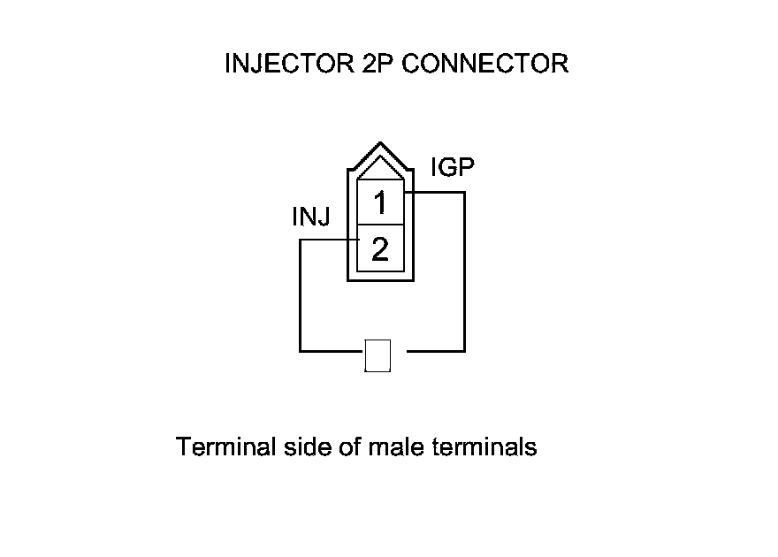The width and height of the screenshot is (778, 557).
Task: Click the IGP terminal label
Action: (x=453, y=167)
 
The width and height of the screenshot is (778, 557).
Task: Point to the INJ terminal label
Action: (x=311, y=217)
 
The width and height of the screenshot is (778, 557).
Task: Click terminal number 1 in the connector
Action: (x=380, y=204)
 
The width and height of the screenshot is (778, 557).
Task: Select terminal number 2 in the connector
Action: (x=380, y=250)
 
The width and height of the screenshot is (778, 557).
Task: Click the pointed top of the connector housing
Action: (x=380, y=145)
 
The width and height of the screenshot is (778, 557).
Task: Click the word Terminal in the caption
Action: (x=228, y=446)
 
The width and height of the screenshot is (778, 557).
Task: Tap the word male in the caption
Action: (x=397, y=446)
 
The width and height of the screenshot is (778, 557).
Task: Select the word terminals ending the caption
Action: (x=484, y=446)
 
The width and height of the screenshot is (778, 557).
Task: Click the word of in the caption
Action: (x=350, y=446)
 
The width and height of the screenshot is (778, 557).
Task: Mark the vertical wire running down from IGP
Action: (x=464, y=274)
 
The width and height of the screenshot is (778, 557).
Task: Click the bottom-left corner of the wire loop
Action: (x=301, y=350)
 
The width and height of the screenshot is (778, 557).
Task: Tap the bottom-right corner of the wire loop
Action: (x=464, y=350)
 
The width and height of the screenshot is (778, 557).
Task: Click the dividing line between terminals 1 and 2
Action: (x=380, y=225)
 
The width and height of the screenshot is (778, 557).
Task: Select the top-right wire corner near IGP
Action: (x=464, y=192)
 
